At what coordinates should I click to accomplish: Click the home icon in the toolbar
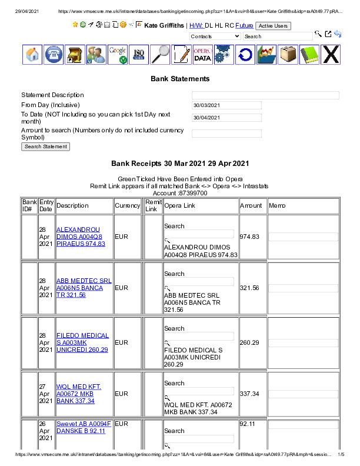point(32,55)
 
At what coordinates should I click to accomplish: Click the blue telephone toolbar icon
point(54,55)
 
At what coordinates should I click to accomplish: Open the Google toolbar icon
point(117,55)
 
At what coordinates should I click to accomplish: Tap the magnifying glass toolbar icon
point(160,55)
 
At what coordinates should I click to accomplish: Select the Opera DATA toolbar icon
point(202,55)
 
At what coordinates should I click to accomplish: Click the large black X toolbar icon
point(331,55)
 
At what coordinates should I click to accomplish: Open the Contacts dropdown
point(215,36)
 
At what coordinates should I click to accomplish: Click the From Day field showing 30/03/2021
point(226,105)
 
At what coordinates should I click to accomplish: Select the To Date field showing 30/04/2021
point(226,118)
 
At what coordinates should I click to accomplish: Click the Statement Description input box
point(265,95)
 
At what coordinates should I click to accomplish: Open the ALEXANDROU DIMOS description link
point(78,237)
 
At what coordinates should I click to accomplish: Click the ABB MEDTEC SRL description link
point(84,288)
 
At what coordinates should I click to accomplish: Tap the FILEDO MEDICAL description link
point(82,342)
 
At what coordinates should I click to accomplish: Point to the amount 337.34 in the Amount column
point(249,394)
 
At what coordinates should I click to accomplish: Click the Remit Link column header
point(153,206)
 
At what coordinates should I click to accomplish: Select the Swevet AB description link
point(84,427)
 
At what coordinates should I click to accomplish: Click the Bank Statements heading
point(180,78)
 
